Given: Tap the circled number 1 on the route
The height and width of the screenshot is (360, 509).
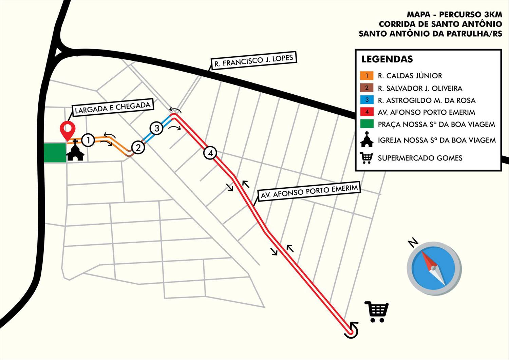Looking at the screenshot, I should (x=88, y=140).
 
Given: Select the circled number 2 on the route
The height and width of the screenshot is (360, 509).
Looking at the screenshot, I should (x=138, y=148).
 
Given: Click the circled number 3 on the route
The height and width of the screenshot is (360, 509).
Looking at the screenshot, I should (x=157, y=128).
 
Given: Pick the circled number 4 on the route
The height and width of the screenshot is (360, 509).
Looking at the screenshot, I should (x=210, y=153).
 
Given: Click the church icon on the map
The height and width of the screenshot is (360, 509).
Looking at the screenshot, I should (x=75, y=151).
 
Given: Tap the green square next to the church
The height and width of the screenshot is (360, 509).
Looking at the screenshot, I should (x=55, y=153).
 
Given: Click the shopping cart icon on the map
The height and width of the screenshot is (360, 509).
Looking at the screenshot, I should (x=376, y=311).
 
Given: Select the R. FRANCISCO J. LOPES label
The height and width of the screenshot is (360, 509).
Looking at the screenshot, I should (x=253, y=61).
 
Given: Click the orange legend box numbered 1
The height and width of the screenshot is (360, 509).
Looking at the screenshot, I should (x=367, y=76).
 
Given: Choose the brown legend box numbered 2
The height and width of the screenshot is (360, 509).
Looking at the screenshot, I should (x=367, y=88).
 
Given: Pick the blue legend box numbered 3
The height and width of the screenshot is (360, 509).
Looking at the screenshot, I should (x=367, y=100).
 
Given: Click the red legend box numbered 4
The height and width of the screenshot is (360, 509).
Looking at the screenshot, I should (x=367, y=112).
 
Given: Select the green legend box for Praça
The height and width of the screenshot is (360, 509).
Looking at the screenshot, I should (x=367, y=124).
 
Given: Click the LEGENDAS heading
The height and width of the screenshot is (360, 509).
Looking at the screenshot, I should (x=387, y=59).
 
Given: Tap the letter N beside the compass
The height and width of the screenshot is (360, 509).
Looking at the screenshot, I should (x=413, y=243).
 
